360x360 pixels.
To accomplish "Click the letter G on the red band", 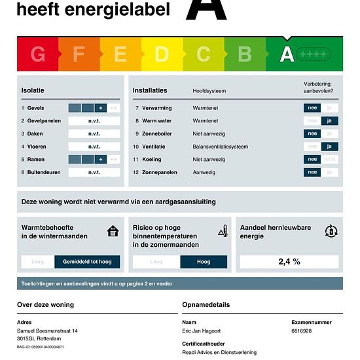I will tap(38, 54).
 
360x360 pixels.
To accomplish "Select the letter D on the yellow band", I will tap(162, 54).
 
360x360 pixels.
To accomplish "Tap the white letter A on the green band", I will tap(287, 54).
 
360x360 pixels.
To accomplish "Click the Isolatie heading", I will tap(33, 90).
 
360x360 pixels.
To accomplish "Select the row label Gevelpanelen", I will tap(43, 121).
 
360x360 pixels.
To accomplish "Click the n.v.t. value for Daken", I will tap(94, 134).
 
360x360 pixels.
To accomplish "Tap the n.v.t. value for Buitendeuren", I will tap(94, 172).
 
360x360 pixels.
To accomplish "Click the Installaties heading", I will tap(150, 90).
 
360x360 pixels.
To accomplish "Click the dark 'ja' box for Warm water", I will tap(329, 120).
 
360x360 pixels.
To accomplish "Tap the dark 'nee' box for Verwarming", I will tap(312, 108).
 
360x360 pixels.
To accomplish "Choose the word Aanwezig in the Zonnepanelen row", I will tap(205, 172).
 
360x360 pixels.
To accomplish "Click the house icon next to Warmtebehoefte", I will tap(113, 231).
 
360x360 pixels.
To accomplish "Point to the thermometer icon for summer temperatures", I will tap(223, 231).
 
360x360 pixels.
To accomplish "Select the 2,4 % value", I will tap(289, 262).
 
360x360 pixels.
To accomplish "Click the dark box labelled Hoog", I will tap(204, 262).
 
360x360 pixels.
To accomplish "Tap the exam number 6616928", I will tap(301, 331).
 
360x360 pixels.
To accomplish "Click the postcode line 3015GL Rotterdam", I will tap(40, 338).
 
